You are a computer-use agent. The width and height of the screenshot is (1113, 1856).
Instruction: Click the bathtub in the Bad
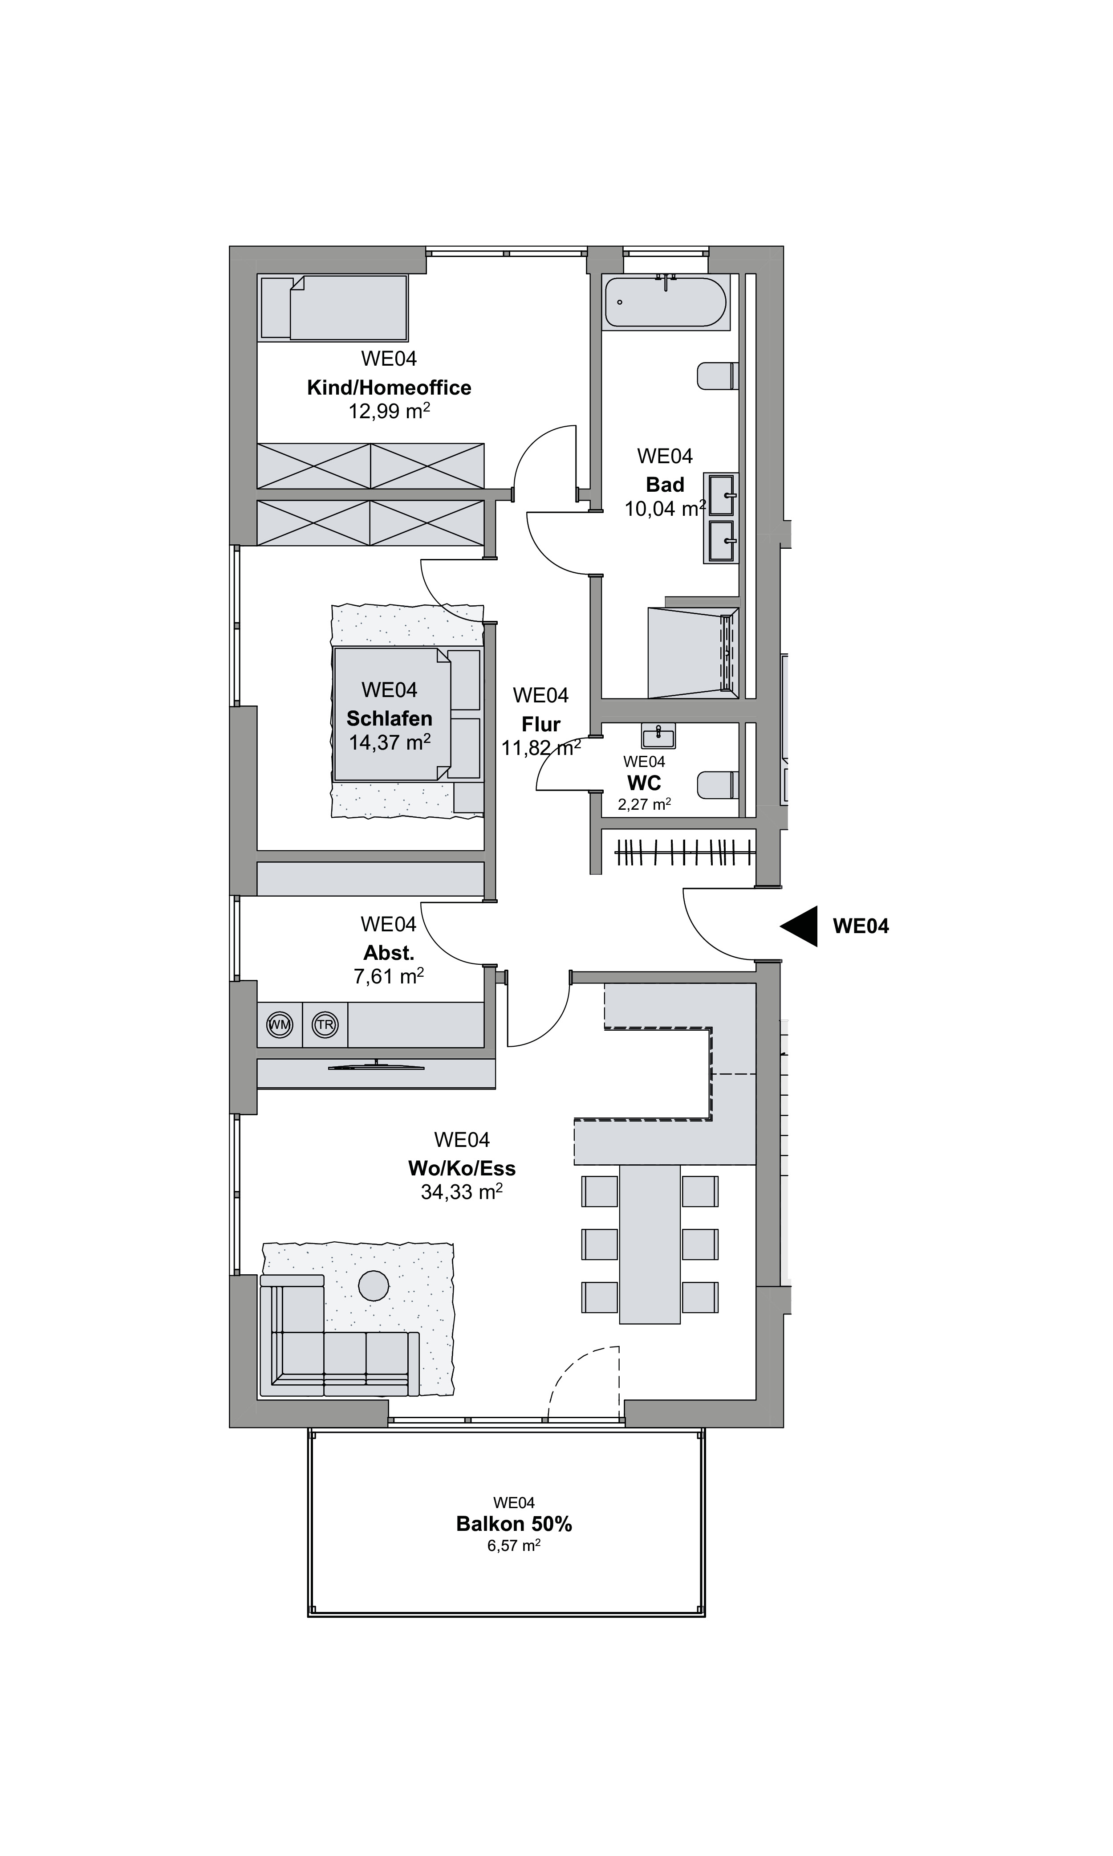pyautogui.click(x=665, y=302)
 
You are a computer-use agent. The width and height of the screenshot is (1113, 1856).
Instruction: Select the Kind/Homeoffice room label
pyautogui.click(x=389, y=388)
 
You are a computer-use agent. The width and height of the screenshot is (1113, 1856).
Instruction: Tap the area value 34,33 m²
pyautogui.click(x=461, y=1192)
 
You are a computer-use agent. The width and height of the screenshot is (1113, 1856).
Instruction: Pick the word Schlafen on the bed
pyautogui.click(x=389, y=719)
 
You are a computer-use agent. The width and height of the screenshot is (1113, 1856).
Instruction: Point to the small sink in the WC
pyautogui.click(x=658, y=735)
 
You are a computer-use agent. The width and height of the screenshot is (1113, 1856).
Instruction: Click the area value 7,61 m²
pyautogui.click(x=389, y=976)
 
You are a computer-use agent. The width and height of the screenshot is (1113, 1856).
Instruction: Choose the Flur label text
pyautogui.click(x=541, y=725)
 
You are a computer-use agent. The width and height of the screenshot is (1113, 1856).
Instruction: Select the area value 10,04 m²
pyautogui.click(x=665, y=509)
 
